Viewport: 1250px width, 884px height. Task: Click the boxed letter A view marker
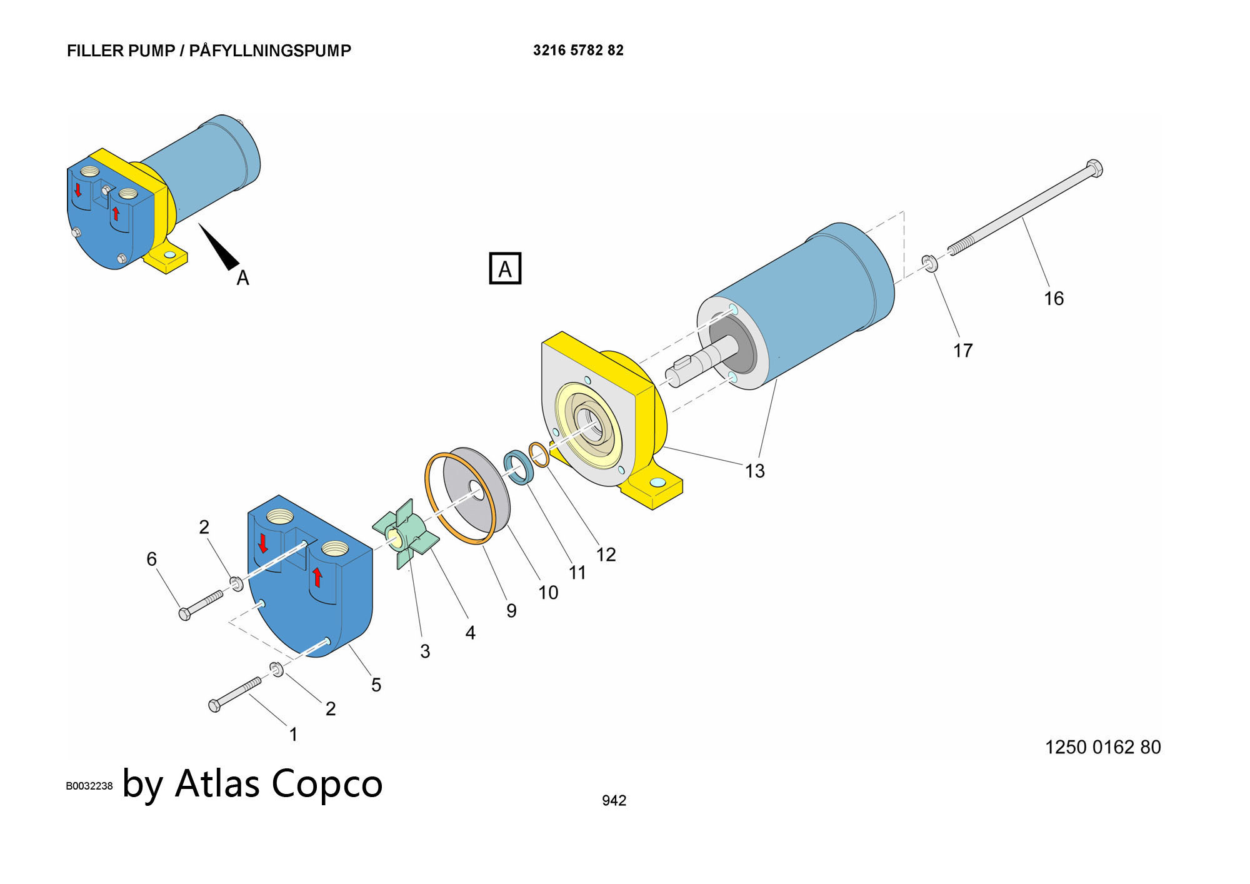tap(504, 269)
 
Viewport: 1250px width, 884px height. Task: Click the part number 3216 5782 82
tap(578, 51)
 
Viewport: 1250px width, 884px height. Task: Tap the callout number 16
tap(1054, 299)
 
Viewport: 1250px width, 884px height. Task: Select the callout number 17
tap(962, 351)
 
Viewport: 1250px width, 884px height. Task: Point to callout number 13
tap(754, 471)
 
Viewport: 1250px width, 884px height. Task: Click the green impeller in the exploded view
tap(405, 534)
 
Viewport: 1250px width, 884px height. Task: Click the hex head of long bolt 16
tap(1094, 168)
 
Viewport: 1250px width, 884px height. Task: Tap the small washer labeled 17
tap(929, 263)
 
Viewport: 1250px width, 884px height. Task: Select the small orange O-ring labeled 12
tap(539, 454)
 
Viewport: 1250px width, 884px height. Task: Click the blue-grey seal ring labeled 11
tap(519, 467)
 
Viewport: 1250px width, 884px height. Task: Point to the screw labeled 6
tap(201, 605)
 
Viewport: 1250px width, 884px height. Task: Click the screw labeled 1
tap(234, 695)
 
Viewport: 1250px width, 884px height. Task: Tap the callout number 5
tap(376, 685)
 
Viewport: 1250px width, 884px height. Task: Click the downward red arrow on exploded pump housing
tap(263, 543)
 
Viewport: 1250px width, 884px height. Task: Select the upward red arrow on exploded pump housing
tap(317, 576)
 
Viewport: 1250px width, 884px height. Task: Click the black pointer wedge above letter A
tap(219, 247)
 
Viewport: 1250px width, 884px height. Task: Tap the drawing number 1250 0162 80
tap(1102, 747)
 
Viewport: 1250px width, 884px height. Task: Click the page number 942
tap(614, 801)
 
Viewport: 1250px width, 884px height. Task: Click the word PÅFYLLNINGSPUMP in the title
tap(270, 51)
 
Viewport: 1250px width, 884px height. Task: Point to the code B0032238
tap(89, 786)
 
